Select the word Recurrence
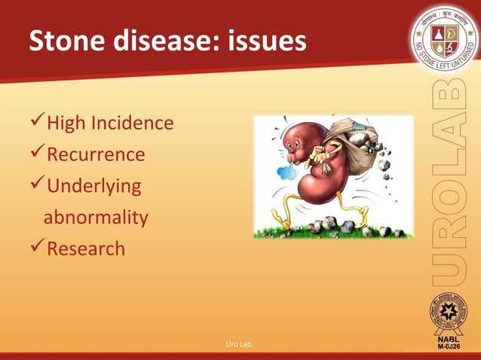tap(96, 154)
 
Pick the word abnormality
tap(96, 218)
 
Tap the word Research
tap(86, 248)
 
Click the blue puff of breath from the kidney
tap(287, 172)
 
